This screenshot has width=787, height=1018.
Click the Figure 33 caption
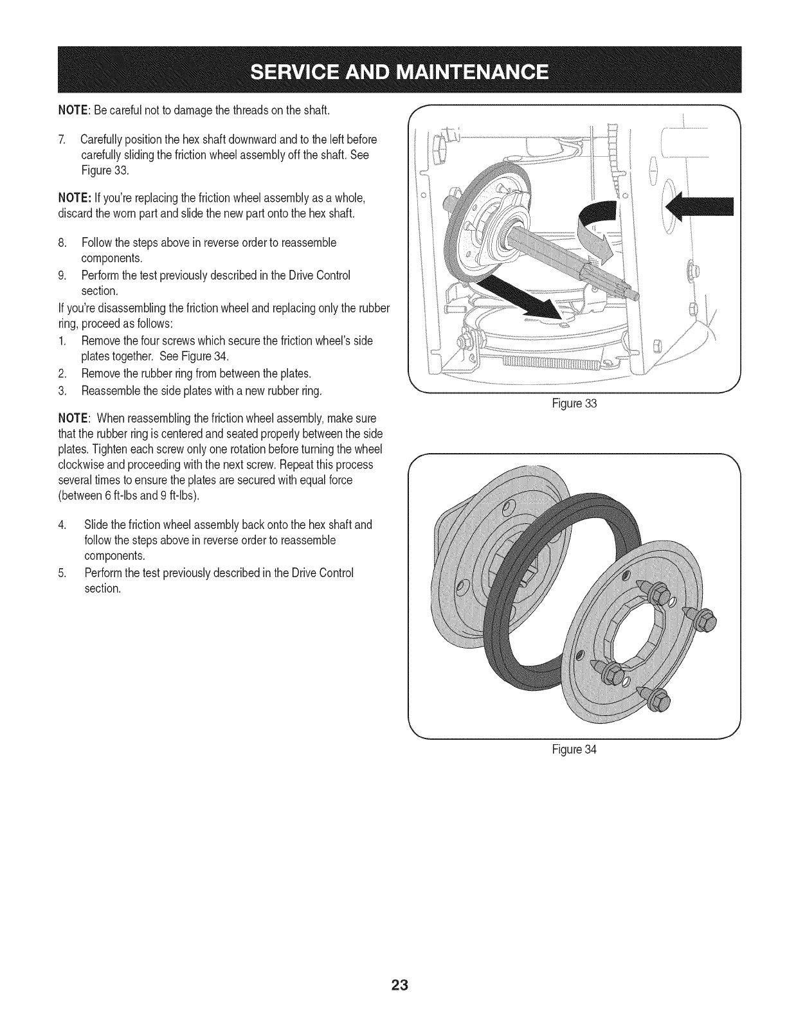click(583, 404)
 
